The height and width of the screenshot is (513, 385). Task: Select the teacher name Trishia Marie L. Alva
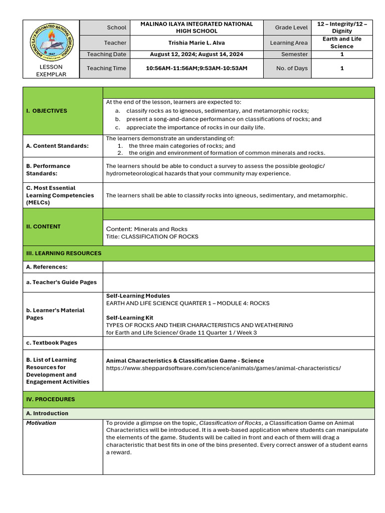(197, 43)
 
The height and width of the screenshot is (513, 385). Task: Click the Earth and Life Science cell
(342, 43)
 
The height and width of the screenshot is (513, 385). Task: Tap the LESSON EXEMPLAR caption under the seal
(51, 71)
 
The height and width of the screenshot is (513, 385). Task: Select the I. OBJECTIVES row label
(47, 111)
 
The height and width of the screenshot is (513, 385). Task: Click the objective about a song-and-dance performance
(224, 119)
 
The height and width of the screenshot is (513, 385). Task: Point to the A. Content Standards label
(57, 146)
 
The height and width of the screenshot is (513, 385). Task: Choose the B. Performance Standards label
(48, 169)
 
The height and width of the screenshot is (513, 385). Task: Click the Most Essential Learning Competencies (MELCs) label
(60, 195)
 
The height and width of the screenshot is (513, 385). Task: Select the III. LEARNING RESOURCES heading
(64, 253)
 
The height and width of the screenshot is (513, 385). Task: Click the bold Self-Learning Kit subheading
(129, 318)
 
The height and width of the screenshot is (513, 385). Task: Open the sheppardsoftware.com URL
(223, 368)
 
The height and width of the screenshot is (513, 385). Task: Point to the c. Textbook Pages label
(52, 343)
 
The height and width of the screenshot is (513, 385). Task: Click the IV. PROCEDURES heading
(51, 399)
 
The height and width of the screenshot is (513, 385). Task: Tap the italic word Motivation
(41, 423)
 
